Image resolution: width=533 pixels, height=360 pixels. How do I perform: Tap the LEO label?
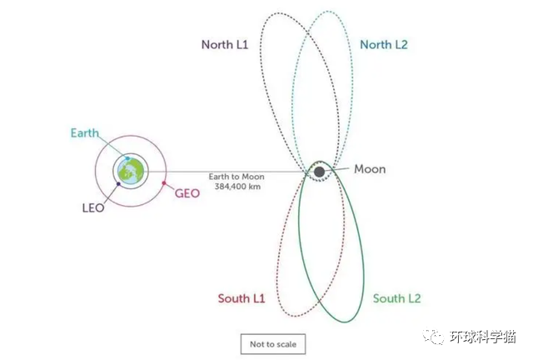coord(93,207)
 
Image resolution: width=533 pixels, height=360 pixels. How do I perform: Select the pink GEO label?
coord(187,192)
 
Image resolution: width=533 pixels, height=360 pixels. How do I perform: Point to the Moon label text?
coord(370,169)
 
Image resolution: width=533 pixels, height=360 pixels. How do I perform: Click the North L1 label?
coord(225,45)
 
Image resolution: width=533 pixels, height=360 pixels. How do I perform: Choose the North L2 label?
coord(384,45)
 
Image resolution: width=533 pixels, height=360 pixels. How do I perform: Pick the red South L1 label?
coord(241,298)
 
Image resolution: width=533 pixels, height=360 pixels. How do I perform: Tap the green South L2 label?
coord(396,298)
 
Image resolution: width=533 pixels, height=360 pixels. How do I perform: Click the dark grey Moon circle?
coord(319,172)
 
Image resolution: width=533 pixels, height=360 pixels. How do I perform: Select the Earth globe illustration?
coord(131,171)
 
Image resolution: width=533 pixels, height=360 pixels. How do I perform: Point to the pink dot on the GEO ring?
coord(165,182)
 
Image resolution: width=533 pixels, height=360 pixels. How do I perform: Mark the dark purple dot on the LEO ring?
coord(119,184)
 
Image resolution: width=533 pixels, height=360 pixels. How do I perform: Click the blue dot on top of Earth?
coord(127,157)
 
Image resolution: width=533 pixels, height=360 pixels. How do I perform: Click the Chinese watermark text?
coord(484,337)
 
